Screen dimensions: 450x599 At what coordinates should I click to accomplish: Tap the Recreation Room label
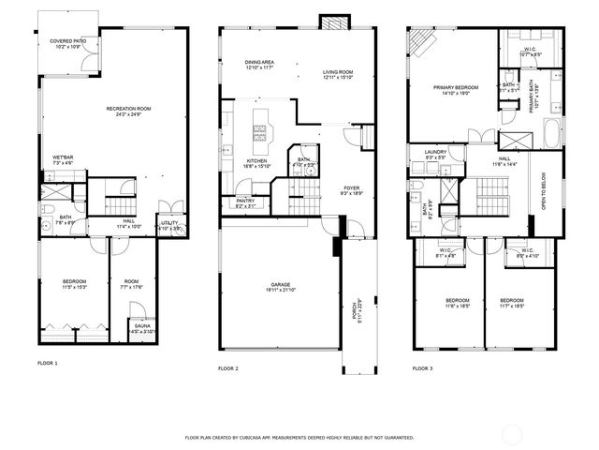[x=128, y=111]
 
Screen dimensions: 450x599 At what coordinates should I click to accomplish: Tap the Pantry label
[x=246, y=202]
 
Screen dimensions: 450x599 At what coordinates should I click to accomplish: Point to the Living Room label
[x=338, y=74]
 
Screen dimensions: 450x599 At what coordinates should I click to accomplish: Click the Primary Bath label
[x=533, y=97]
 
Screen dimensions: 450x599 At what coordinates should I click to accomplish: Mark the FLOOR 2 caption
[x=228, y=368]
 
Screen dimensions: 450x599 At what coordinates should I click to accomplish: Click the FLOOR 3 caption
[x=422, y=368]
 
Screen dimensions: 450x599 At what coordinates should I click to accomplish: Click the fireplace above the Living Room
[x=332, y=22]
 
